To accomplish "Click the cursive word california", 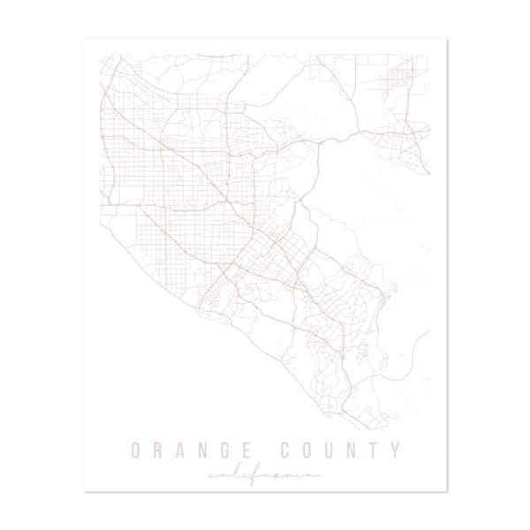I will point(264,475).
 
